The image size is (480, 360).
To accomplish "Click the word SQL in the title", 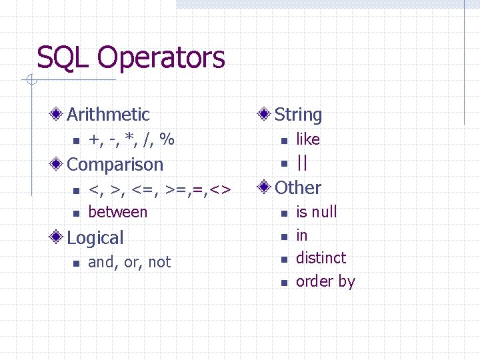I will coord(63,58).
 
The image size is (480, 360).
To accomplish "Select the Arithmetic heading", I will coord(108,115).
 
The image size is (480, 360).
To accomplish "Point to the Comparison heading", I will coord(115,165).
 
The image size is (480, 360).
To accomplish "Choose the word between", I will coord(118,212).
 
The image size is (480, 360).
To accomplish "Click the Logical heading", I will coord(95,238).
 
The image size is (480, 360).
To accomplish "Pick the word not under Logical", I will coord(160,263).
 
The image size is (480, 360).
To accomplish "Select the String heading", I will coord(298,115).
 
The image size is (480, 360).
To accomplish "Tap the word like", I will coord(308,139).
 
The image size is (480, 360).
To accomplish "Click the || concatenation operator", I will coord(302,163).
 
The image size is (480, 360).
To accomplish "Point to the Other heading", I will coord(298,188).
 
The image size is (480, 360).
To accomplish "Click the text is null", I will coord(317,212).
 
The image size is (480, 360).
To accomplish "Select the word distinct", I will coord(321,258).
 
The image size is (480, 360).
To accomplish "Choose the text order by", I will coord(325,281).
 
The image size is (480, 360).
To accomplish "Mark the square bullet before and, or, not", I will coord(76,263).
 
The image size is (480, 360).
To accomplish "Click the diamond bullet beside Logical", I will coord(59,238).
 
